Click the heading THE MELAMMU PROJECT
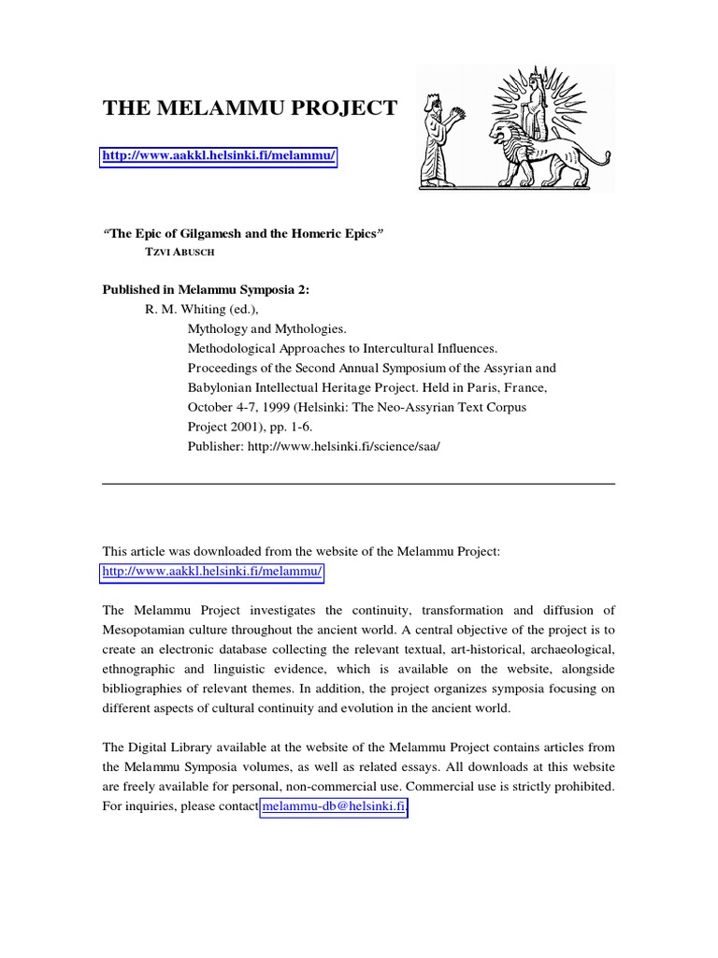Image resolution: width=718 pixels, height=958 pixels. (x=249, y=109)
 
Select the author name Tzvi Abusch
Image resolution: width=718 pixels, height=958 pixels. (x=173, y=252)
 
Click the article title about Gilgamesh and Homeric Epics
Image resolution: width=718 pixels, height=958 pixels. (x=244, y=233)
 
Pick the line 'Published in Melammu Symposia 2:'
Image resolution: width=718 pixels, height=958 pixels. (x=205, y=290)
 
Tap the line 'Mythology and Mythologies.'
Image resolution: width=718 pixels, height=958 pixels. (x=267, y=329)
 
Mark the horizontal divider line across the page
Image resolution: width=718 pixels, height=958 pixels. (x=358, y=484)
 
